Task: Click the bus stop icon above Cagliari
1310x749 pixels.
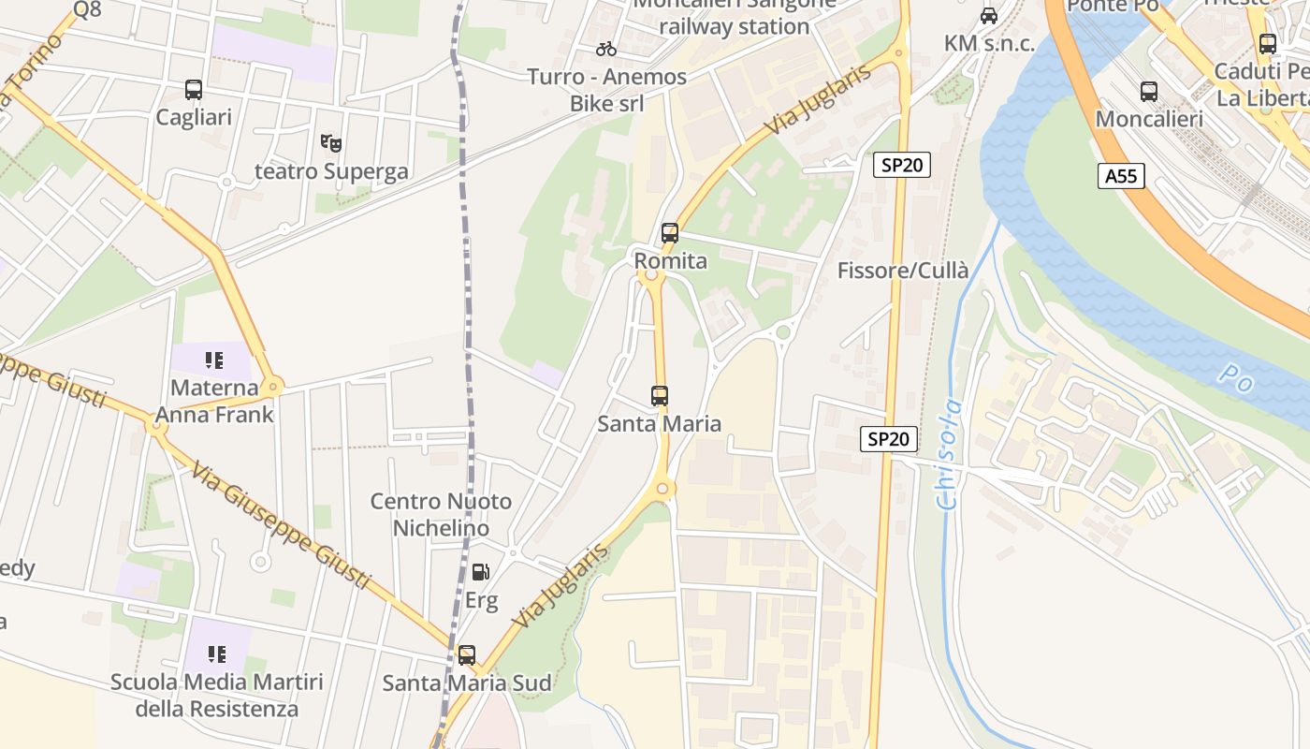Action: coord(194,90)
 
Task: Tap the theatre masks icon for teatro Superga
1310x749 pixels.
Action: coord(330,143)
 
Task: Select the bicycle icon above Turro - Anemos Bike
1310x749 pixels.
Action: coord(606,49)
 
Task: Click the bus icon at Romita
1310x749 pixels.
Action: coord(670,233)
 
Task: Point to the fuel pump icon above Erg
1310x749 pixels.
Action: coord(481,571)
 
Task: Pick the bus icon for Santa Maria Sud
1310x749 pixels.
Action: coord(466,655)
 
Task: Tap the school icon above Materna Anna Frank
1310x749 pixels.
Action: coord(214,360)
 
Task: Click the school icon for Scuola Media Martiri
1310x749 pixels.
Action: coord(216,654)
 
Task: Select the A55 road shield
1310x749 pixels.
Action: coord(1121,175)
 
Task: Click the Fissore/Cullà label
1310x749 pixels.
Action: coord(902,271)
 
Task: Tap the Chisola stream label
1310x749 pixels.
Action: coord(950,454)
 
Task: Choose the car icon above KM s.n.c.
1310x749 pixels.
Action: coord(989,16)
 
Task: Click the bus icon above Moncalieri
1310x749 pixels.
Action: coord(1149,92)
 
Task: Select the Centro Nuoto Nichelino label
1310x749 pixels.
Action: coord(441,514)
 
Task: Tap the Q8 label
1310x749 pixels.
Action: coord(86,9)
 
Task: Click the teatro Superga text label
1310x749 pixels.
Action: coord(331,171)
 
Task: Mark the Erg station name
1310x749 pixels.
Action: coord(481,600)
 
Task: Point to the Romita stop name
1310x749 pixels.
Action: coord(670,260)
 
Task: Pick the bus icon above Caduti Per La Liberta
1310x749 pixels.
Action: coord(1268,44)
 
